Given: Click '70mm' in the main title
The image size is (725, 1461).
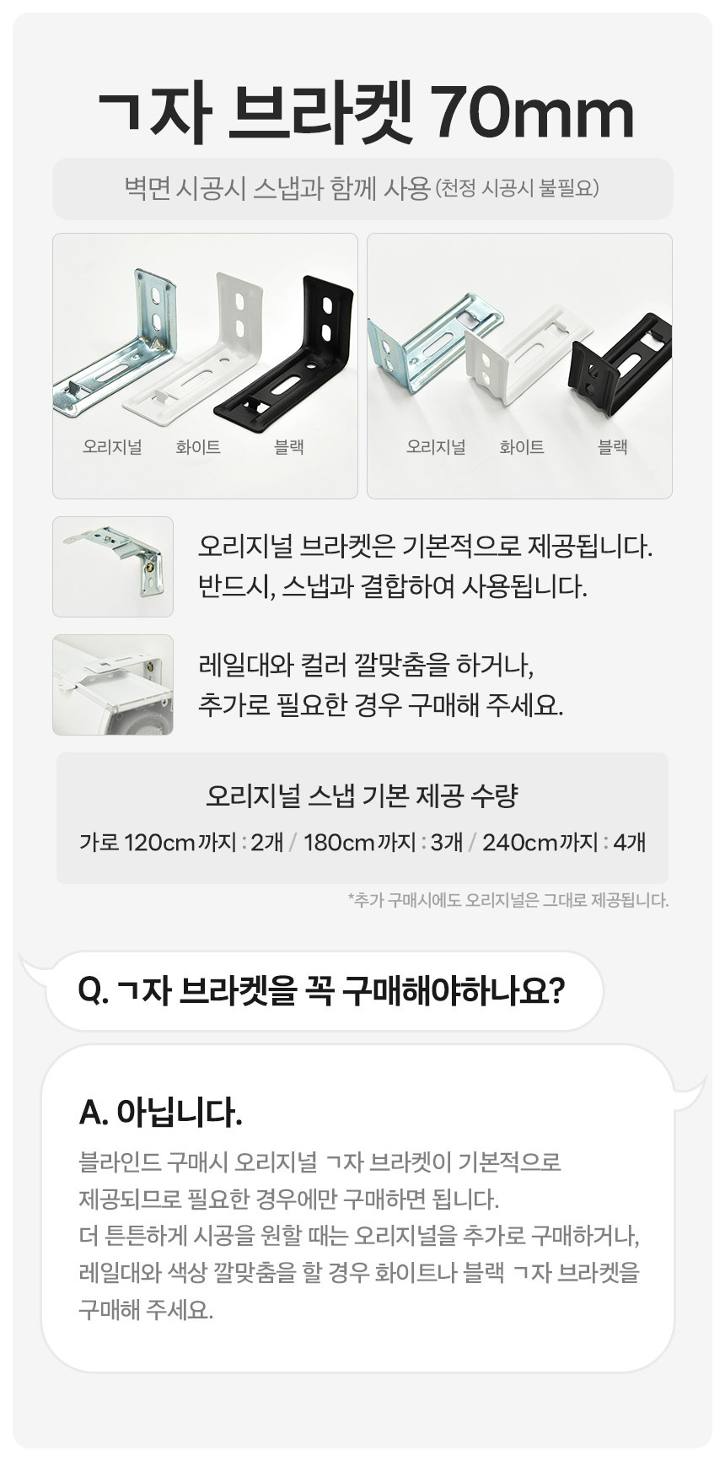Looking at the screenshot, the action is pos(533,115).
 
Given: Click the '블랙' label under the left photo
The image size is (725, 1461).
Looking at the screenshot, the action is pos(289,447).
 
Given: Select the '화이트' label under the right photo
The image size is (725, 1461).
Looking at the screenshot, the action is pos(522,447).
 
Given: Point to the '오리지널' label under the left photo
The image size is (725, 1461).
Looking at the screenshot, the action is pos(112,447).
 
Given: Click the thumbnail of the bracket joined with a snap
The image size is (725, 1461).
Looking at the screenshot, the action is pos(113,567).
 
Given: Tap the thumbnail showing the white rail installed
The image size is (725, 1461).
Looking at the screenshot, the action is pos(113,685).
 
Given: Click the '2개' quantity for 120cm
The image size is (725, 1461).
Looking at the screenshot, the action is pos(267,842).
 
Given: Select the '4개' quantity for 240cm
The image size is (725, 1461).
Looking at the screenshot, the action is pos(630,842).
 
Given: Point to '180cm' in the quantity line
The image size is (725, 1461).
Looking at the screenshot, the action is pos(337,842).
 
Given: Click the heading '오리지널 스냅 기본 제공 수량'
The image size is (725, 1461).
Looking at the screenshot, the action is pos(362,795).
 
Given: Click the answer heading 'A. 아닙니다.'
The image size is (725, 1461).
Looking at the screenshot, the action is pos(160,1113).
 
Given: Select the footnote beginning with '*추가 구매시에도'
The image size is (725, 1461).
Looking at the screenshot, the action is pos(508,900).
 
